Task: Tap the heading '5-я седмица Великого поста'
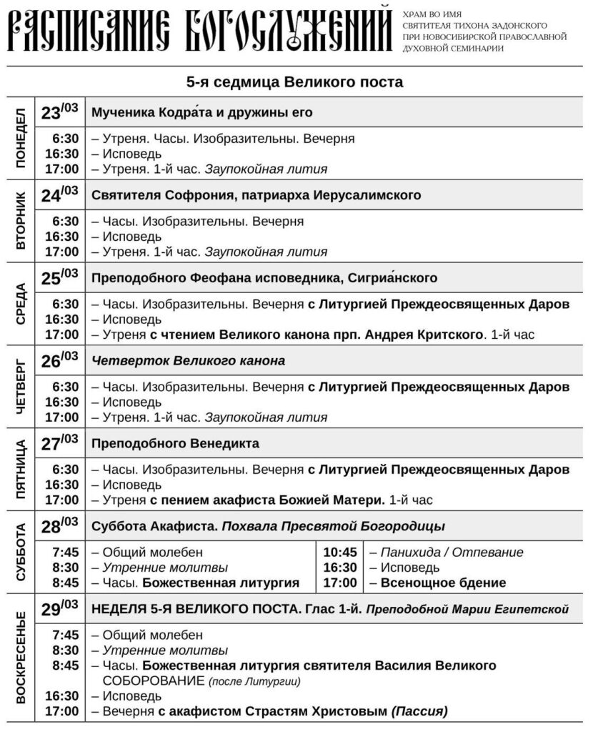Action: coord(295,81)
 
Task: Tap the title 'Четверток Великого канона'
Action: coord(189,361)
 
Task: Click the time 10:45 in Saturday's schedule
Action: coord(339,553)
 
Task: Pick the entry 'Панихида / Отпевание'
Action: coord(452,553)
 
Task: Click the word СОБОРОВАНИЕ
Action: coord(147,681)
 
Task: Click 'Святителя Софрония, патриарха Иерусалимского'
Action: coord(256,195)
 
